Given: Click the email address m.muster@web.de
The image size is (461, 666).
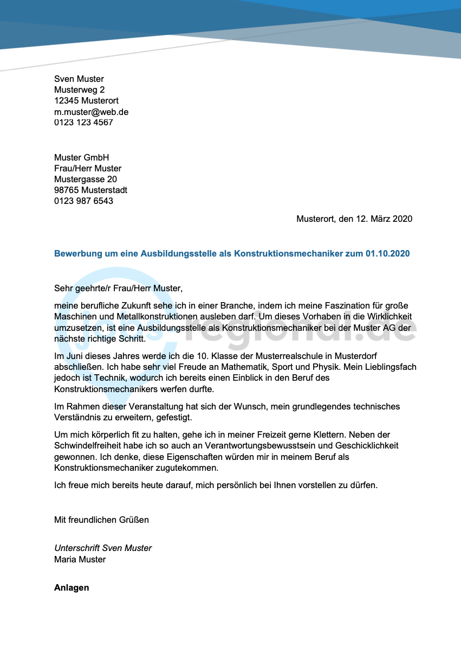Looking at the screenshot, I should point(91,112).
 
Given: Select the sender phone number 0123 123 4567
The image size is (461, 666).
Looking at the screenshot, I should point(83,123).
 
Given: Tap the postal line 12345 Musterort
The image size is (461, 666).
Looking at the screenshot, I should point(86,101).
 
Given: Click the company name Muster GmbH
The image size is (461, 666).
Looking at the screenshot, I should point(81,157).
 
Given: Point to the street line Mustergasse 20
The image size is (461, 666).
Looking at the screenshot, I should point(85,179).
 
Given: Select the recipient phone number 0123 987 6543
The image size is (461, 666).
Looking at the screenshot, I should point(83,201).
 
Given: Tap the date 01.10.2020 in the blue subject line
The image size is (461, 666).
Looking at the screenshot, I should point(387,254).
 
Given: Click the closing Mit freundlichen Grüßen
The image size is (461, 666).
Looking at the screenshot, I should point(101,520).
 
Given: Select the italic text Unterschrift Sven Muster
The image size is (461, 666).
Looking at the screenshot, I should point(103,548).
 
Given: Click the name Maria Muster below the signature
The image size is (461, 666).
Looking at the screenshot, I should point(80,559).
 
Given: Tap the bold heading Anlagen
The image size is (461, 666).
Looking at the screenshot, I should point(72,587).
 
